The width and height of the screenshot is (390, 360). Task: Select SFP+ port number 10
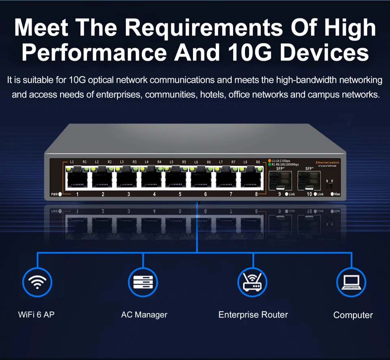tap(309, 180)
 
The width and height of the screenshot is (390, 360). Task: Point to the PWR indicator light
tap(60, 194)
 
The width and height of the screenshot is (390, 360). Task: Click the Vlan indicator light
tap(333, 194)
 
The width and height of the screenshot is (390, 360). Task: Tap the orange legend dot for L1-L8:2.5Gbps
tap(269, 161)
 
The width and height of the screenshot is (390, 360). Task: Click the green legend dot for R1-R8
tap(269, 165)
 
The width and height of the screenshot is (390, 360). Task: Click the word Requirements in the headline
tap(203, 28)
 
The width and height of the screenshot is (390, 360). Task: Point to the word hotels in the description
tap(212, 95)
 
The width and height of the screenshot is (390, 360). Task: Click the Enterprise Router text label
tap(253, 314)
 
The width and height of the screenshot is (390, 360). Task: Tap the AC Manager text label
tap(144, 314)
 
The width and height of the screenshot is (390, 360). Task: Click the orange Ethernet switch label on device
tap(327, 163)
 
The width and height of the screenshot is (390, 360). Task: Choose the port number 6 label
tap(206, 194)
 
